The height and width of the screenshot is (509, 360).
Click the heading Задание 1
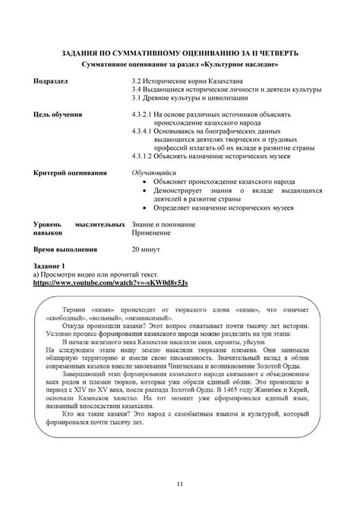tap(49, 265)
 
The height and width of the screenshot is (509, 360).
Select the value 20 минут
tap(147, 248)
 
